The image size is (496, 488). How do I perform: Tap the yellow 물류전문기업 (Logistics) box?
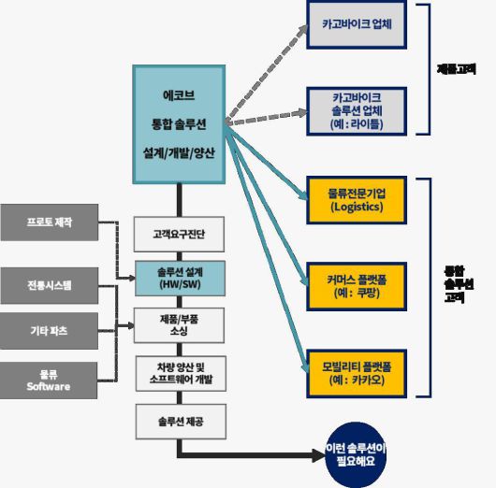point(356,199)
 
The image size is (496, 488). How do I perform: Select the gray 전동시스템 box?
point(49,280)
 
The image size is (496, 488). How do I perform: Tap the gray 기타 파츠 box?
point(49,331)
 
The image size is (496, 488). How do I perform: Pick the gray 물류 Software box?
point(49,380)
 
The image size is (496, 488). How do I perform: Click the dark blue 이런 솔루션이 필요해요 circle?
point(355,455)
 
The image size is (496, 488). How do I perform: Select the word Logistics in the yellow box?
point(356,207)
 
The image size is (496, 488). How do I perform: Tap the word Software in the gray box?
point(49,387)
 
